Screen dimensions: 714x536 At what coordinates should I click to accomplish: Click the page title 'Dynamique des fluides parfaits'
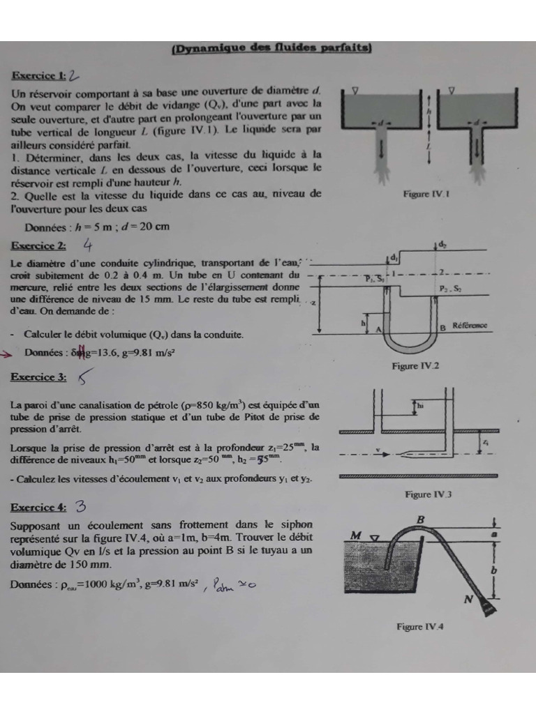point(271,48)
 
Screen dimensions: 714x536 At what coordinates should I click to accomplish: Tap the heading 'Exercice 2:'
point(38,245)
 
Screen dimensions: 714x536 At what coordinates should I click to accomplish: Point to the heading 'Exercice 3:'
point(38,377)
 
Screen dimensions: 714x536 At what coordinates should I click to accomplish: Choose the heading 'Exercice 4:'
point(38,507)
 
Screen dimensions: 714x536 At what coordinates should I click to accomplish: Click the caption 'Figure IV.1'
point(426,195)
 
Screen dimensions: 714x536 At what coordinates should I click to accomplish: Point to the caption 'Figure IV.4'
point(419,626)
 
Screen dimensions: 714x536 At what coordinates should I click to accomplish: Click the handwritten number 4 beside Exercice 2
point(88,244)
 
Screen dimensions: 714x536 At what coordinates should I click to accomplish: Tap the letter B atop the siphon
point(420,519)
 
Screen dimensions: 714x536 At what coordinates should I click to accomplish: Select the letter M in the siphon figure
point(356,535)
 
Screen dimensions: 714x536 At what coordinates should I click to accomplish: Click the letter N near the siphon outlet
point(468,599)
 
